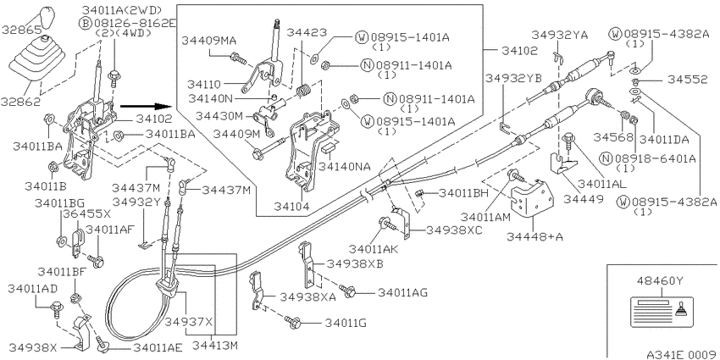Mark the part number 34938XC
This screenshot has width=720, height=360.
(454, 230)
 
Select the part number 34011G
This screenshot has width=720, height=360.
(343, 323)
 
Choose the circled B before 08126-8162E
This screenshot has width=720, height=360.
(84, 24)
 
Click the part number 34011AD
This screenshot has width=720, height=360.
(33, 289)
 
